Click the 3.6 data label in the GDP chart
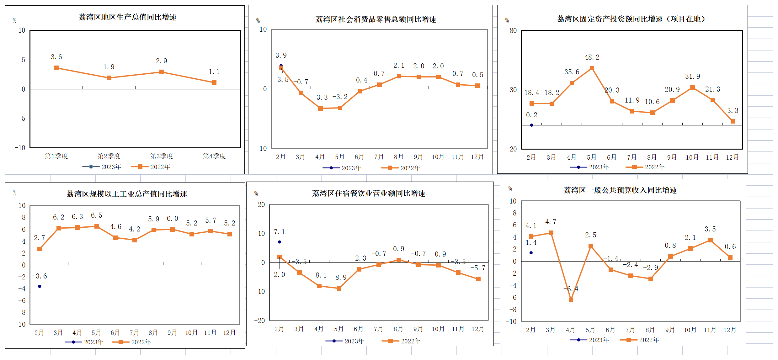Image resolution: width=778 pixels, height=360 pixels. click(x=56, y=57)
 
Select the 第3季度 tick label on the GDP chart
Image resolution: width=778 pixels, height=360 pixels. click(x=162, y=156)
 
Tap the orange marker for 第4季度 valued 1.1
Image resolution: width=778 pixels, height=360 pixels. click(x=214, y=83)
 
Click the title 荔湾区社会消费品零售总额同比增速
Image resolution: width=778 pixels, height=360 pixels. click(x=376, y=19)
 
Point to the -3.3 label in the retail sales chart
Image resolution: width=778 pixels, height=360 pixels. click(x=320, y=98)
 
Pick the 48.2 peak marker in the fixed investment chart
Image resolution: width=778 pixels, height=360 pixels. click(x=592, y=68)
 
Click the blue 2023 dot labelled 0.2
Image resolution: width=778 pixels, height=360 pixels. click(x=531, y=125)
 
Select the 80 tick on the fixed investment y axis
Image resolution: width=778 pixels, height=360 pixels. click(x=513, y=31)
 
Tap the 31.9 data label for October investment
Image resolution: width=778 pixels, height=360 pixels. click(x=692, y=77)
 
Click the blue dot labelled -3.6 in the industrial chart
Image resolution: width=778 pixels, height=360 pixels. click(x=40, y=286)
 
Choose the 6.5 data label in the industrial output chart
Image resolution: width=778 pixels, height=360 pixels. click(x=97, y=215)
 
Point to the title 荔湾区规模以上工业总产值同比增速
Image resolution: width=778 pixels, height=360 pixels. click(x=127, y=194)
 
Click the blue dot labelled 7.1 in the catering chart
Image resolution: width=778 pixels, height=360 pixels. click(x=280, y=242)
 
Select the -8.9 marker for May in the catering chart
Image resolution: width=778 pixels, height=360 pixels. click(x=339, y=289)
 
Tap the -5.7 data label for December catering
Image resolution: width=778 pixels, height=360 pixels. click(x=478, y=268)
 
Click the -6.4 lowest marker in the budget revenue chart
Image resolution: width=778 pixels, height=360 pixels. click(x=571, y=300)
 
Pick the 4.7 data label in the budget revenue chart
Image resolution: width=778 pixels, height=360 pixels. click(x=551, y=222)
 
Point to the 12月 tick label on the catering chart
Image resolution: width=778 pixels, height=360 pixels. click(x=478, y=329)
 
